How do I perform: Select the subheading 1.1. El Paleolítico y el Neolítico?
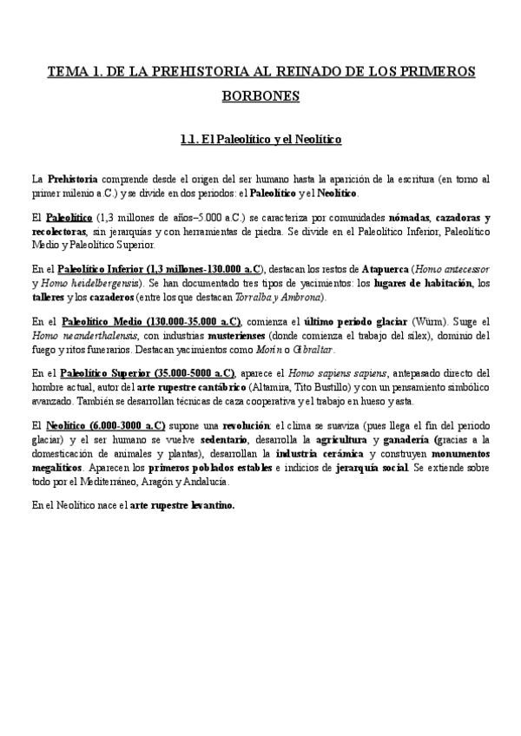pos(260,138)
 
